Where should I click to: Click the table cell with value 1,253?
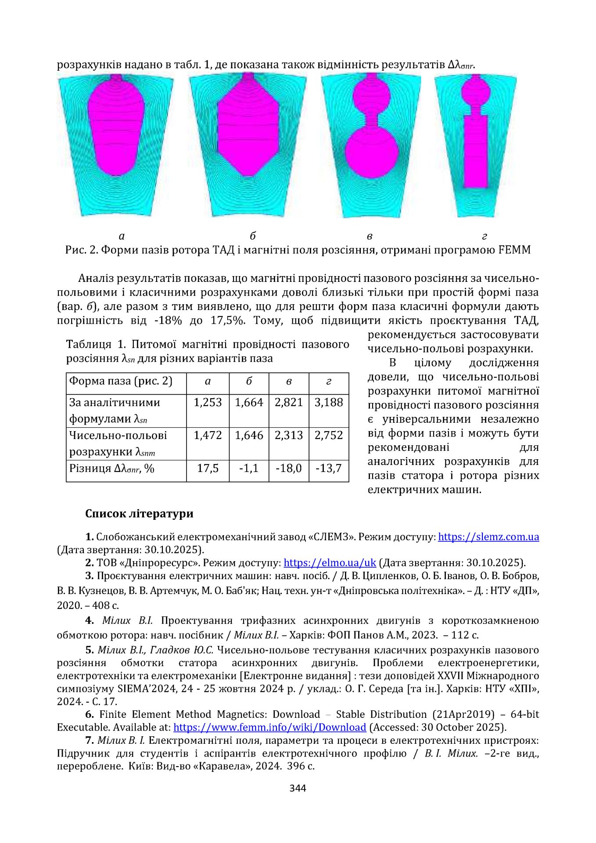pos(208,403)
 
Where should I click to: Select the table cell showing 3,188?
pos(328,403)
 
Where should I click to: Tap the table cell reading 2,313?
pos(288,435)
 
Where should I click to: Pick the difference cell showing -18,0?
pos(288,468)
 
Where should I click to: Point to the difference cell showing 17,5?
pos(208,468)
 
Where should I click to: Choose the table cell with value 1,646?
pos(249,435)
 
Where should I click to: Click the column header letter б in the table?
pos(249,382)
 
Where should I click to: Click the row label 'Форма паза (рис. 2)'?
pos(121,381)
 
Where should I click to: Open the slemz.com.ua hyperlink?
pos(488,537)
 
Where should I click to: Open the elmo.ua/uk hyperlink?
pos(330,563)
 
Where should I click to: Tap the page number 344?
pos(298,788)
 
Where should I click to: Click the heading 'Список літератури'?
pos(139,514)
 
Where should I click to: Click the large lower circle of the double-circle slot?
pos(371,152)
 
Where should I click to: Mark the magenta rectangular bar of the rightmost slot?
pos(476,151)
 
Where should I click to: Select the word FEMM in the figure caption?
pos(514,250)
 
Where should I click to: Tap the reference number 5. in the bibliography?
pos(90,650)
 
